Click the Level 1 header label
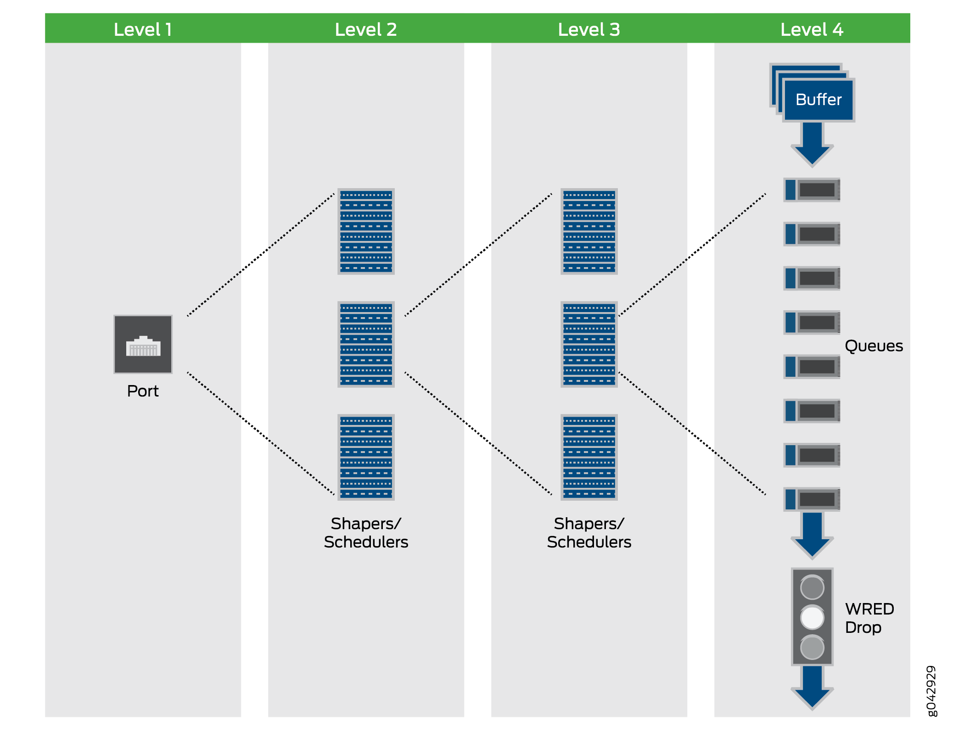tap(143, 29)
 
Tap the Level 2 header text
tap(366, 29)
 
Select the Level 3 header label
tap(589, 29)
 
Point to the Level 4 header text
tap(812, 29)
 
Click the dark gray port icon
tap(143, 344)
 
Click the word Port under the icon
tap(143, 391)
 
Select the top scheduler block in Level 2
tap(366, 231)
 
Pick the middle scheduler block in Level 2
tap(366, 344)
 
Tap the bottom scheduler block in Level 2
tap(366, 457)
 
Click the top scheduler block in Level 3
tap(589, 231)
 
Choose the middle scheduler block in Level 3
tap(589, 344)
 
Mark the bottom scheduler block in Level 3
tap(589, 457)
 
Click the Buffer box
tap(818, 100)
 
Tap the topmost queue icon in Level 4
tap(812, 190)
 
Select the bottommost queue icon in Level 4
tap(812, 499)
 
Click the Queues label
tap(874, 346)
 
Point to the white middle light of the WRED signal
tap(812, 617)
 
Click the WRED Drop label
tap(869, 618)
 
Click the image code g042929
tap(931, 690)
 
